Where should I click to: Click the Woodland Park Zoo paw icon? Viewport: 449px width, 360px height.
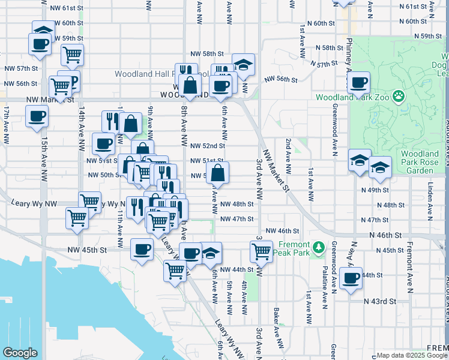[x=398, y=96]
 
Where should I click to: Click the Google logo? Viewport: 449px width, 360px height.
[x=20, y=353]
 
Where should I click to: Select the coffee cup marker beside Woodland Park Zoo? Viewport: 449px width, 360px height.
[x=358, y=83]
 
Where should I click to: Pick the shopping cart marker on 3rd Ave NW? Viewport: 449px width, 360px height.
[x=261, y=252]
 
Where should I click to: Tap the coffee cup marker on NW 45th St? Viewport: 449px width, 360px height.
[x=142, y=249]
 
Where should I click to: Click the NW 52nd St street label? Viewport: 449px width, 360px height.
[x=207, y=146]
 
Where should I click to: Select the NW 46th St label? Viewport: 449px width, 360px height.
[x=282, y=231]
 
